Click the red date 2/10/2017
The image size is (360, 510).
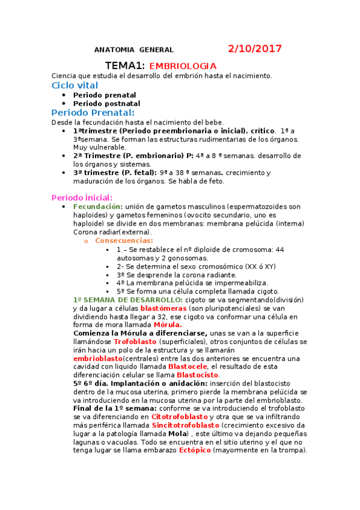click(x=255, y=49)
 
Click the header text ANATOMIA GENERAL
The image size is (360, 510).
click(x=134, y=50)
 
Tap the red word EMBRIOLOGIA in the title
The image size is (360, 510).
click(x=183, y=66)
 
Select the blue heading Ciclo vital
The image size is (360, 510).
click(x=75, y=85)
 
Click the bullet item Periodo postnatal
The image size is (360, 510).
click(x=106, y=103)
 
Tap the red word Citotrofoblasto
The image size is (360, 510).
click(x=180, y=416)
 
